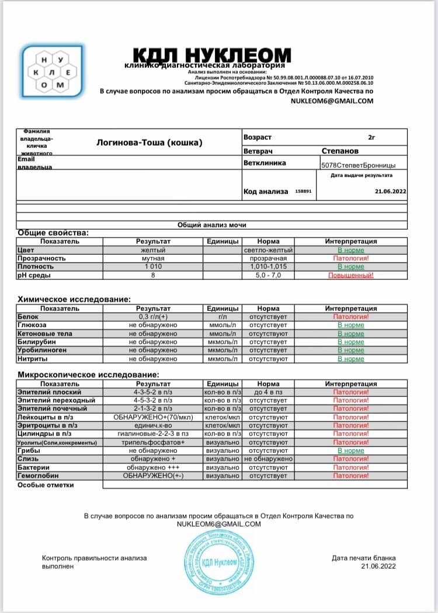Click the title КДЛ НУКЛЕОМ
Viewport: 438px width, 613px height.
coord(212,55)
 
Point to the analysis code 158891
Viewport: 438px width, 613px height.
coord(304,191)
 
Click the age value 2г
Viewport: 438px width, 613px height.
coord(371,137)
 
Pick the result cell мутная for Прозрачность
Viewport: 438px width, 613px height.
coord(153,258)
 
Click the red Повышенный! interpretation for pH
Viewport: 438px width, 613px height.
coord(350,275)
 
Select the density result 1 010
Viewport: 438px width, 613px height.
coord(153,266)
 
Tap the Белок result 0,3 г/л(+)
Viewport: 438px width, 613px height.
coord(153,316)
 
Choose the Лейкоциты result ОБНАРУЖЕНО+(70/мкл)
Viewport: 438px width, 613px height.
coord(153,417)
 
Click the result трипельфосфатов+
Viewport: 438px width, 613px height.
coord(153,442)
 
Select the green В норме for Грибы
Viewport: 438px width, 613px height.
coord(350,451)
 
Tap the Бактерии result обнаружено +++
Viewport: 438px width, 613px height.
coord(153,467)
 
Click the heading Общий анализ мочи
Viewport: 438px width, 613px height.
coord(212,224)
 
